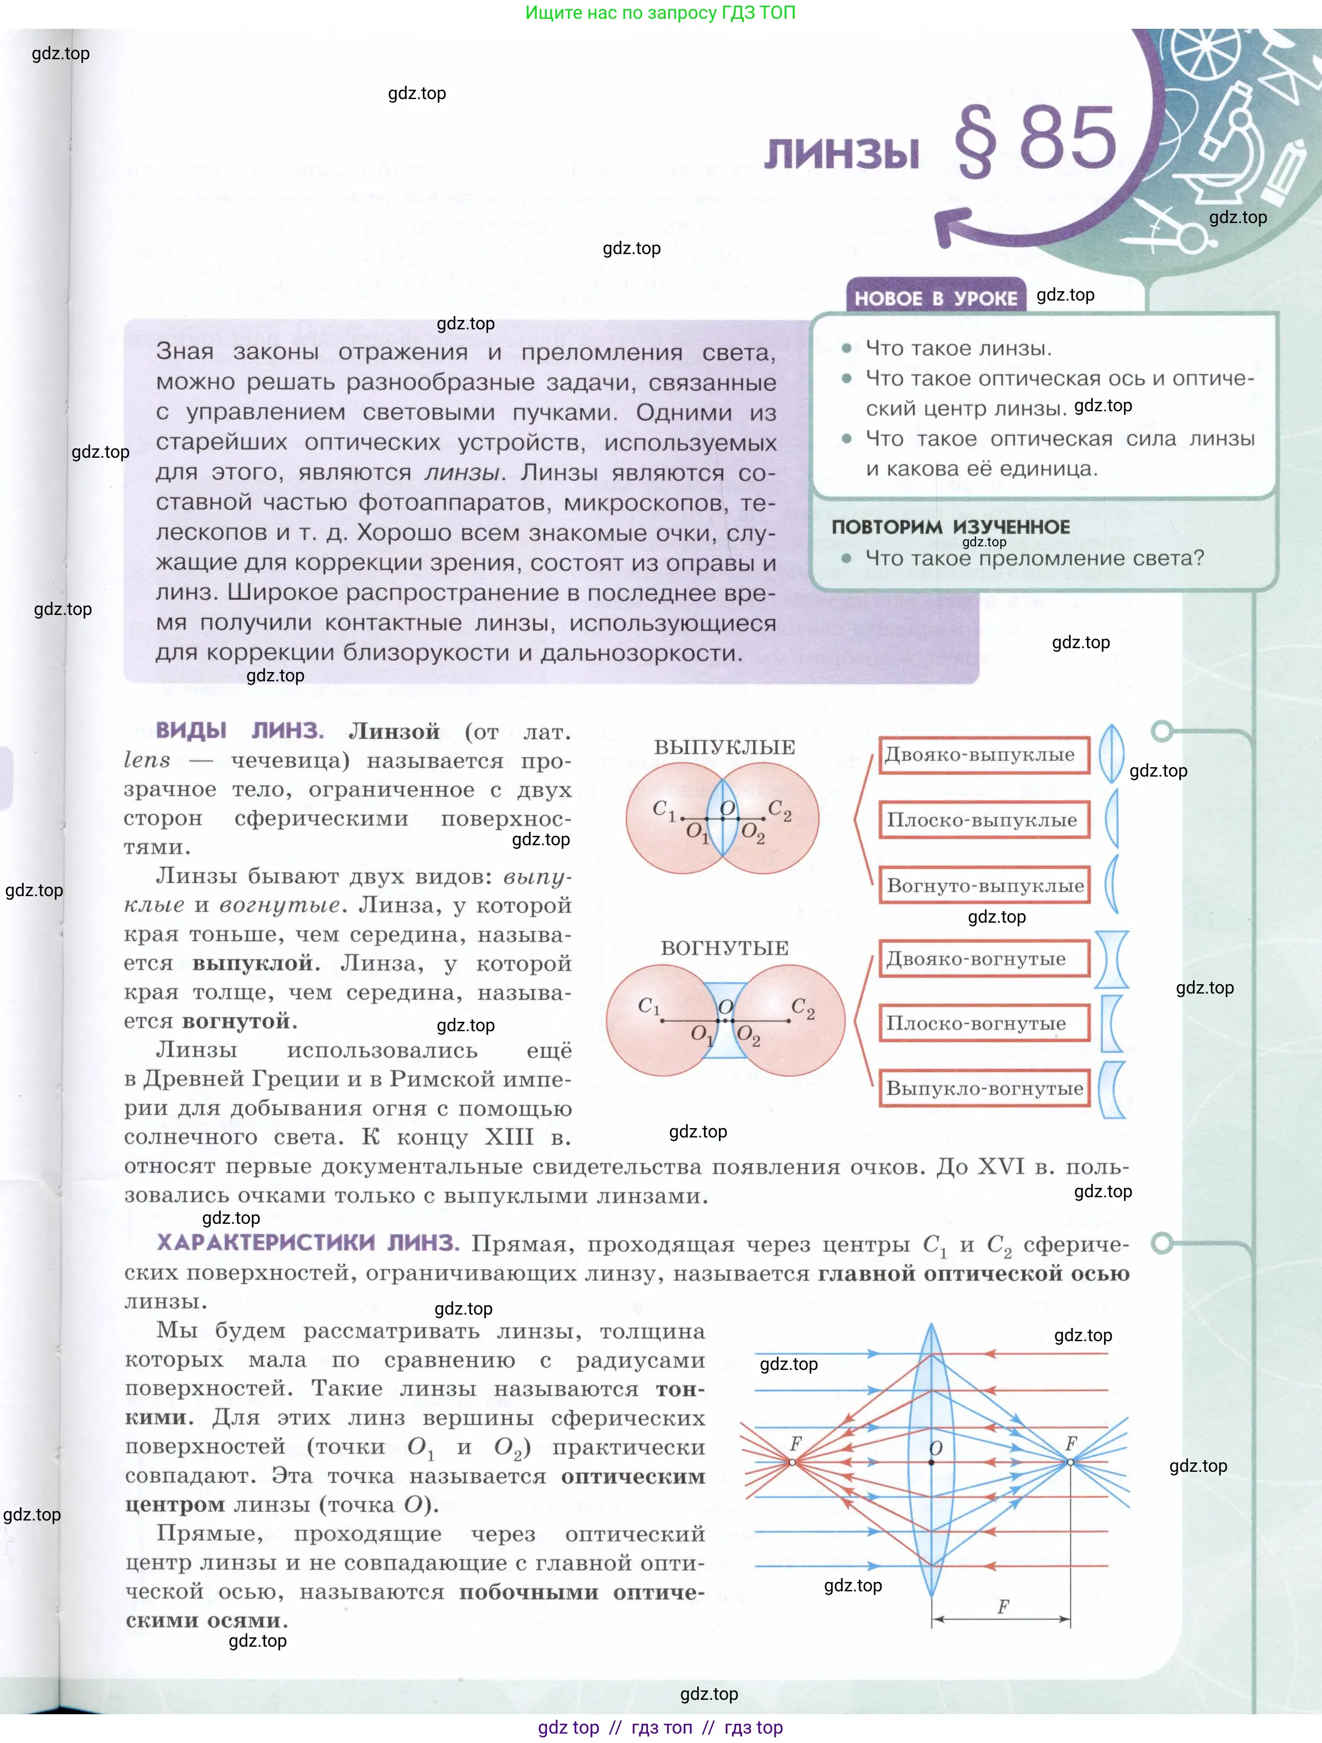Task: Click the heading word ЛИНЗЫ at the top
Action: pyautogui.click(x=842, y=152)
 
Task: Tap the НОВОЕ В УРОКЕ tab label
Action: pyautogui.click(x=936, y=298)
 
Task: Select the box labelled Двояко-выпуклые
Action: pyautogui.click(x=983, y=755)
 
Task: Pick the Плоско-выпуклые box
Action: pyautogui.click(x=983, y=820)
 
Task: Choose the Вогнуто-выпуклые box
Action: pyautogui.click(x=985, y=886)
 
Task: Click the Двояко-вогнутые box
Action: pyautogui.click(x=983, y=959)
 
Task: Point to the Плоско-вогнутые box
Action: pyautogui.click(x=983, y=1023)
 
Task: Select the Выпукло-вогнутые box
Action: pyautogui.click(x=985, y=1089)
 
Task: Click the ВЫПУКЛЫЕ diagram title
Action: pyautogui.click(x=724, y=747)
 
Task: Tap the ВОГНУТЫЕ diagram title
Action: pyautogui.click(x=724, y=948)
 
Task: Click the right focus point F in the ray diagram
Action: pyautogui.click(x=1070, y=1462)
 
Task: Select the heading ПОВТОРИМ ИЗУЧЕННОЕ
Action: pyautogui.click(x=951, y=527)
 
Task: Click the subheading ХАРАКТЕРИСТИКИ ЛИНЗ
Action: pyautogui.click(x=307, y=1243)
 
